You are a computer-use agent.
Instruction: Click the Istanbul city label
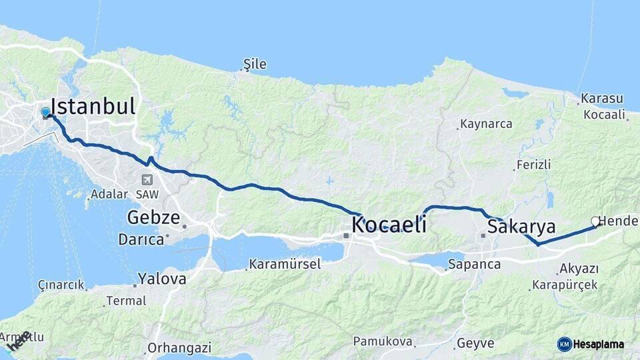pos(93,107)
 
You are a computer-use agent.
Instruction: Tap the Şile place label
pos(255,65)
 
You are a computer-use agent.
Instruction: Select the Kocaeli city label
pos(389,225)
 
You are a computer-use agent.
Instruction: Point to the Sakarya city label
pos(521,227)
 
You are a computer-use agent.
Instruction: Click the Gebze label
pos(153,218)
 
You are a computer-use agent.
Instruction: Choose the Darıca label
pos(141,239)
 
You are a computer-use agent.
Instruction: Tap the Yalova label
pos(162,279)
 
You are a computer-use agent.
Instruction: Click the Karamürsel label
pos(285,265)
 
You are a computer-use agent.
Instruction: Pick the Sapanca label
pos(474,264)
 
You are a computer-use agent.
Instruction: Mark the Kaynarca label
pos(486,124)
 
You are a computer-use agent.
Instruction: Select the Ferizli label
pos(533,165)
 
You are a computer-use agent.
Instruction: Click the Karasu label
pos(601,99)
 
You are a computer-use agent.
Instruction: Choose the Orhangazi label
pos(179,347)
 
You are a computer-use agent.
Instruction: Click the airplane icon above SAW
pos(146,179)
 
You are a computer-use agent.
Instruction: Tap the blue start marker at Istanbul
pos(45,113)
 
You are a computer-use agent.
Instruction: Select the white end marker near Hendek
pos(595,221)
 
